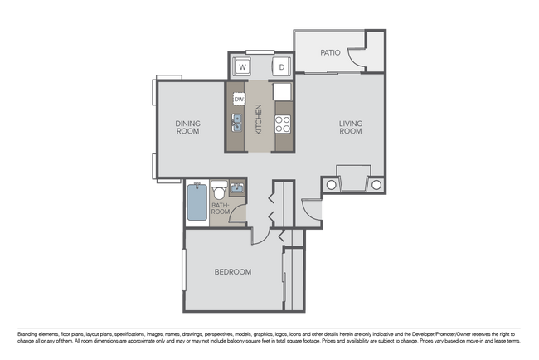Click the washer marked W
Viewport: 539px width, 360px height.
pos(244,66)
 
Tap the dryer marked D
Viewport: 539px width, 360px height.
pos(282,66)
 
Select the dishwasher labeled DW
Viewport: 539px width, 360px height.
pos(239,100)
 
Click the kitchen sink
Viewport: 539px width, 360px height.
pos(237,124)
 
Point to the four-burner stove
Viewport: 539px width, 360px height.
pos(283,124)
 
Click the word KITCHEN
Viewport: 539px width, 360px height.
pos(259,119)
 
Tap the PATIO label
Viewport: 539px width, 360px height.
pos(330,52)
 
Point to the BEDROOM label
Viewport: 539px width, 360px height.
pos(232,271)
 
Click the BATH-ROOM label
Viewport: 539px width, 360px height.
pos(220,207)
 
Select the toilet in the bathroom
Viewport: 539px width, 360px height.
pos(219,188)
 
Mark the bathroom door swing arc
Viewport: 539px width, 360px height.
pos(238,215)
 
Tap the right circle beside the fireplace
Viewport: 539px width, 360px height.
pos(376,184)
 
